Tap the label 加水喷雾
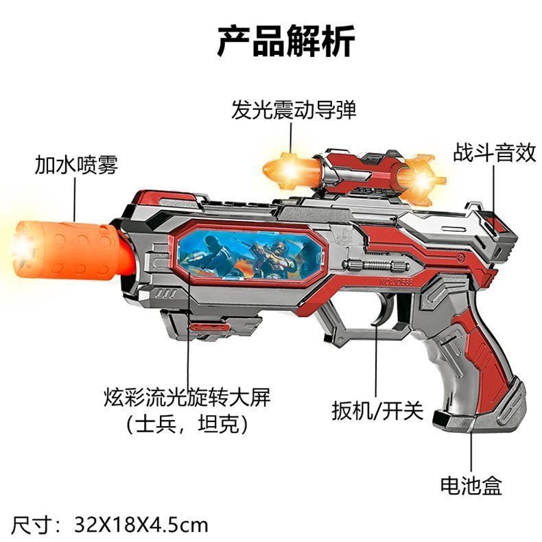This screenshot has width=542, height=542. (x=77, y=165)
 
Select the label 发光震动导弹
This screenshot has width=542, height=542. (x=294, y=110)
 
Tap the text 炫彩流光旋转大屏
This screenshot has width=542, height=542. (x=187, y=398)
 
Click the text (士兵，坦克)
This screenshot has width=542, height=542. (x=187, y=425)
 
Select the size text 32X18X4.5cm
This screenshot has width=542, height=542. (x=140, y=525)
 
